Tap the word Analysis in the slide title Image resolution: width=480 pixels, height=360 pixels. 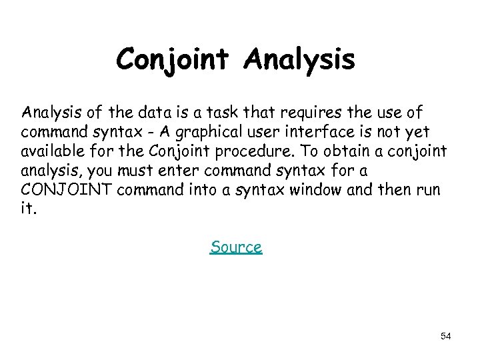pyautogui.click(x=300, y=60)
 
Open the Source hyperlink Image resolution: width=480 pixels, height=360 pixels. pyautogui.click(x=236, y=247)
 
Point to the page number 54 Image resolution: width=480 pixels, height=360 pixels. pyautogui.click(x=446, y=336)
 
